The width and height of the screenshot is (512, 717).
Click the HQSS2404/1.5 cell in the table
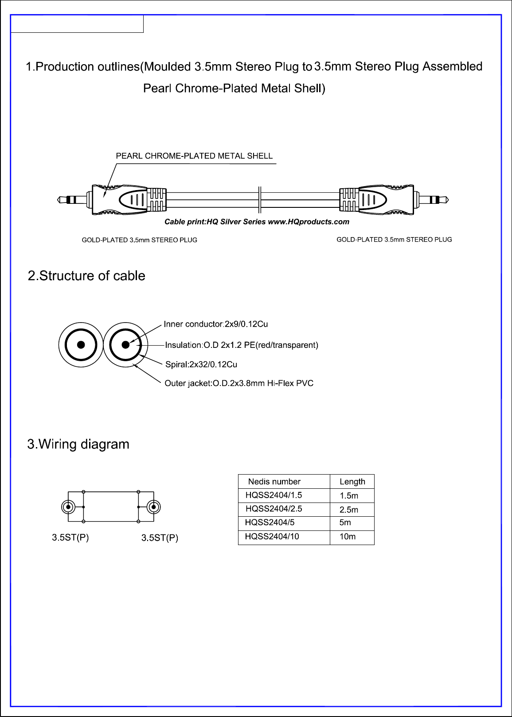274,495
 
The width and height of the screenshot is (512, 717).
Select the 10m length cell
348,537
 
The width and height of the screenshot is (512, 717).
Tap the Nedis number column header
274,482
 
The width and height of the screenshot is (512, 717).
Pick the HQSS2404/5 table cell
270,522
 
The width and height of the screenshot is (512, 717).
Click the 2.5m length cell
349,509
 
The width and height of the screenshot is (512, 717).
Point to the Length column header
352,482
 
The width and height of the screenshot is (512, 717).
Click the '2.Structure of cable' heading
86,276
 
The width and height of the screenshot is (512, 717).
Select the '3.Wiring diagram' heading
78,444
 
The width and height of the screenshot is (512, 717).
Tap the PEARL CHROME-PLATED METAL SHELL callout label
194,156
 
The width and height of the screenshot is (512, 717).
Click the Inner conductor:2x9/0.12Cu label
216,324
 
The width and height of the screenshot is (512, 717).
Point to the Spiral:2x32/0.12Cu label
201,364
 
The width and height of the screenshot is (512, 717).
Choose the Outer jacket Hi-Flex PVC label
239,383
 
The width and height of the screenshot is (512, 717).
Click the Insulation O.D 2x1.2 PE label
242,345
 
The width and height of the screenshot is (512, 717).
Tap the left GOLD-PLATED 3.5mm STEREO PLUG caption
140,240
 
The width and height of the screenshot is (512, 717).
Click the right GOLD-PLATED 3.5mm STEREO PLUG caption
394,240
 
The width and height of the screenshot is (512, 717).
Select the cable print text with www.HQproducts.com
257,222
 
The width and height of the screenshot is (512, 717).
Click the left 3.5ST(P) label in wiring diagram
70,538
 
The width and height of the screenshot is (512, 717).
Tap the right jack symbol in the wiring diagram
153,507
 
